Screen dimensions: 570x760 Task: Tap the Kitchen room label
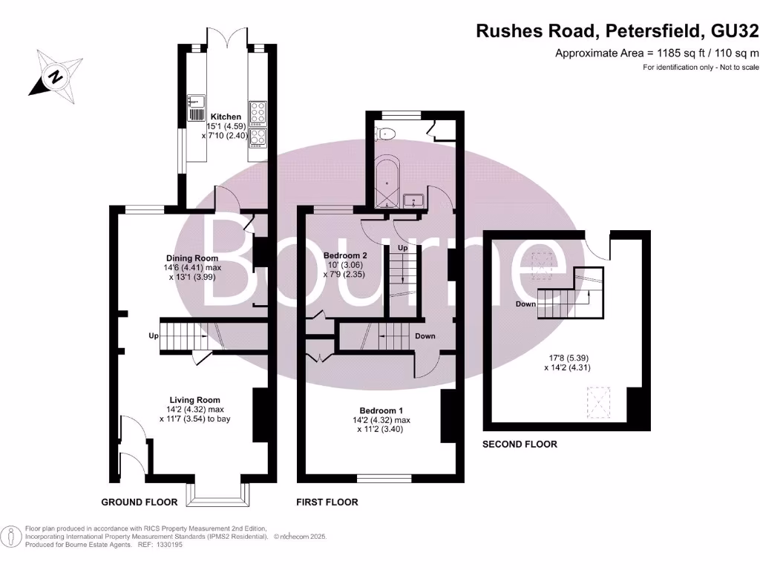click(226, 117)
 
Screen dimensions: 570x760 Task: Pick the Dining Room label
click(191, 258)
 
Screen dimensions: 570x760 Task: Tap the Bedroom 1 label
click(381, 410)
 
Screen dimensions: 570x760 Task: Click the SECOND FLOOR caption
click(520, 445)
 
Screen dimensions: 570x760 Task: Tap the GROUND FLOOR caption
click(139, 502)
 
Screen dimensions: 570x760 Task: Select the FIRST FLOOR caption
click(327, 502)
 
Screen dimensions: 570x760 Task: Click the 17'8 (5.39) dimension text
click(568, 357)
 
